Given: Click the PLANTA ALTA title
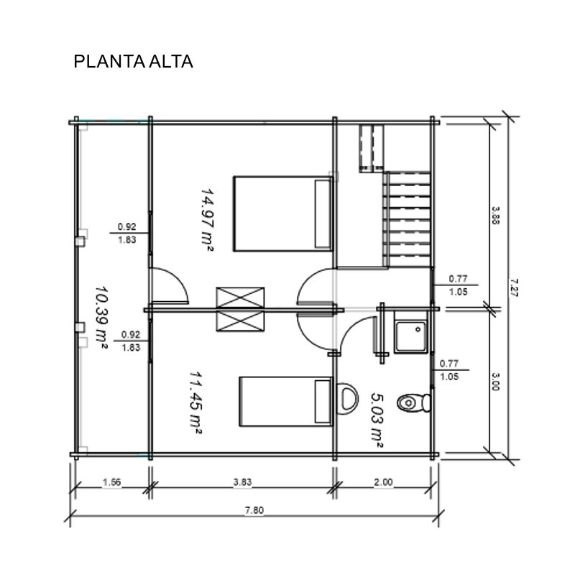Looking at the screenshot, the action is click(x=133, y=62).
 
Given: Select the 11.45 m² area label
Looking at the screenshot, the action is click(x=195, y=403).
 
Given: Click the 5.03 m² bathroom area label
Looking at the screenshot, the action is click(x=377, y=420).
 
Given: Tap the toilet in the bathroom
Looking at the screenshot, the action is click(x=414, y=403).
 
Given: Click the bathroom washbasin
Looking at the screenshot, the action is click(x=346, y=399).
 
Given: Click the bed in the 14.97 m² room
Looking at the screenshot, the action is click(x=282, y=213).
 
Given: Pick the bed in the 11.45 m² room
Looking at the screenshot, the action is click(x=285, y=402).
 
